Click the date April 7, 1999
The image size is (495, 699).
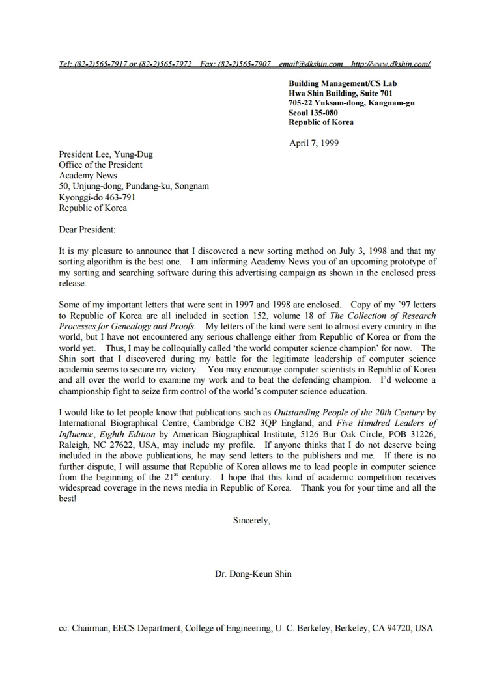coord(313,143)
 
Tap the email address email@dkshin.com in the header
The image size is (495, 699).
coord(311,64)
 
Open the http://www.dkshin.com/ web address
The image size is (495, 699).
coord(390,64)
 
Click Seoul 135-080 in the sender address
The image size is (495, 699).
coord(313,113)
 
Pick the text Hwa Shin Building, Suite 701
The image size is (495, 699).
coord(341,93)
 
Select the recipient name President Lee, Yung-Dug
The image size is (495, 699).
coord(106,155)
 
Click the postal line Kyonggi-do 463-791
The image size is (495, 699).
coord(97,197)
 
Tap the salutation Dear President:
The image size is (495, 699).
coord(87,230)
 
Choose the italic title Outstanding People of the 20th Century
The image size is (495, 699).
coord(348,413)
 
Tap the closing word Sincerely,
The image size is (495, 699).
coord(251,520)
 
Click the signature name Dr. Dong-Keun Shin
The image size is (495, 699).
coord(253,574)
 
